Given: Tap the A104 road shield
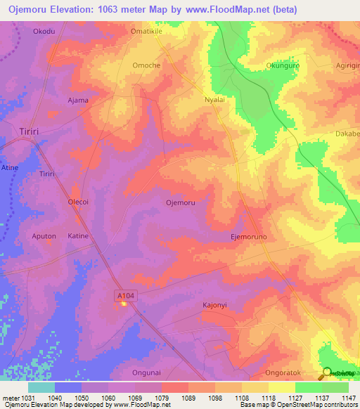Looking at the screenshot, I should pyautogui.click(x=124, y=297).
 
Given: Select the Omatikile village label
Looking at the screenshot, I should pyautogui.click(x=146, y=32).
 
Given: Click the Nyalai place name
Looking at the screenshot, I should pyautogui.click(x=214, y=100).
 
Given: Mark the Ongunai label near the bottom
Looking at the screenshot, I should pyautogui.click(x=147, y=372).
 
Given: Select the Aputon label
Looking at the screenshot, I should pyautogui.click(x=44, y=236).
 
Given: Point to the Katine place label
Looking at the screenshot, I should pyautogui.click(x=78, y=236).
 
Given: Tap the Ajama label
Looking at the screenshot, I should pyautogui.click(x=77, y=100).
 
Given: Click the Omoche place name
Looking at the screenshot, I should pyautogui.click(x=146, y=65).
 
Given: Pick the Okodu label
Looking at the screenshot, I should pyautogui.click(x=44, y=32).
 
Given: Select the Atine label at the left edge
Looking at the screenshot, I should pyautogui.click(x=10, y=168).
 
